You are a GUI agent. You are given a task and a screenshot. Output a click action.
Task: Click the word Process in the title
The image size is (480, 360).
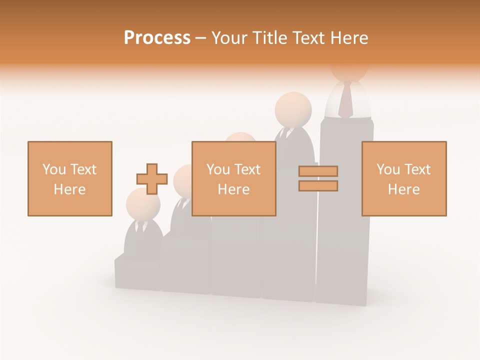pyautogui.click(x=157, y=38)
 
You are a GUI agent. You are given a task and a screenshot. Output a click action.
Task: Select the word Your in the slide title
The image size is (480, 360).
pyautogui.click(x=229, y=38)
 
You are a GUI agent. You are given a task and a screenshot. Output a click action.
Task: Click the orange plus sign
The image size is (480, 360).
pyautogui.click(x=152, y=179)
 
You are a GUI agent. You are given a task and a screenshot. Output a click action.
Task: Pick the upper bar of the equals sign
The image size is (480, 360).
pyautogui.click(x=318, y=171)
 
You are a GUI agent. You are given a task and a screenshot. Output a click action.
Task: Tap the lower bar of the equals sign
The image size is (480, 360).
pyautogui.click(x=318, y=186)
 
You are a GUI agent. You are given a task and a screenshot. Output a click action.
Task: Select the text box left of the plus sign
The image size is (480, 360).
pyautogui.click(x=70, y=178)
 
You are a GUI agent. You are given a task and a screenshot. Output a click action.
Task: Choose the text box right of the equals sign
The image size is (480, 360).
pyautogui.click(x=404, y=178)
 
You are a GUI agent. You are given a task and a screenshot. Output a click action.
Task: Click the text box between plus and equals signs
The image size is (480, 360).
pyautogui.click(x=234, y=178)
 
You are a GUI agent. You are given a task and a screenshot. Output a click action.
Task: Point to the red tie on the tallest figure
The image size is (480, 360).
pyautogui.click(x=345, y=99)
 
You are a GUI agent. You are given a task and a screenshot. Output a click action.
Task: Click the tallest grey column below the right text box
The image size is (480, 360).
pyautogui.click(x=344, y=260)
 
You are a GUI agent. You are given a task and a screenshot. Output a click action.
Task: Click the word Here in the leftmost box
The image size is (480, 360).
pyautogui.click(x=70, y=189)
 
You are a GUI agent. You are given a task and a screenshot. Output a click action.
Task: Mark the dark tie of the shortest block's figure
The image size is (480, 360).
pyautogui.click(x=139, y=227)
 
